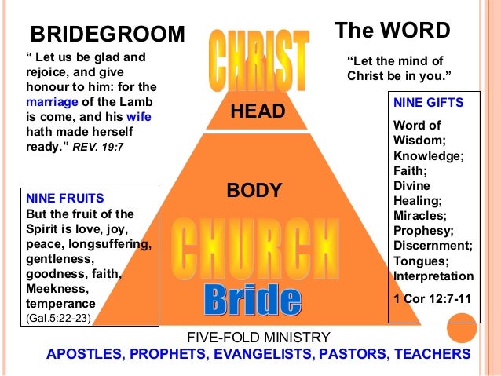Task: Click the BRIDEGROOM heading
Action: coord(107,34)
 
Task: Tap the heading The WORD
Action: coord(392,31)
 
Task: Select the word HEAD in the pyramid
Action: coord(257,112)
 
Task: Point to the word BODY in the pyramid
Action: coord(254,190)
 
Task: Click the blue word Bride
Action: coord(251,299)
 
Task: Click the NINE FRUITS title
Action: coord(65,199)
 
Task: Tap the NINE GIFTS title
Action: coord(428,103)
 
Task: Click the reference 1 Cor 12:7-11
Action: coord(433,298)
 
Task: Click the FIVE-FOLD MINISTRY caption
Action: coord(258,338)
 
